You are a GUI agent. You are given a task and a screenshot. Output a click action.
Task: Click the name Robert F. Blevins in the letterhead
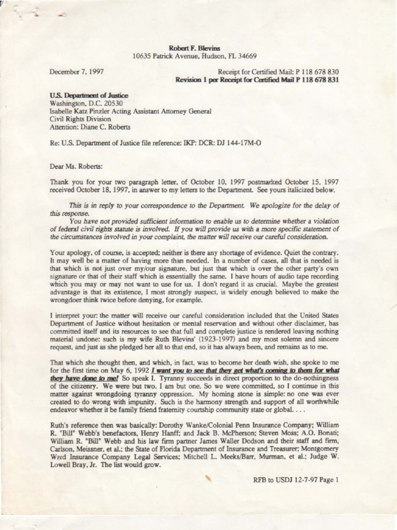198,48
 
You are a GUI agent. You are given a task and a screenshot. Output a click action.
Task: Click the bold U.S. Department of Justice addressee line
89,96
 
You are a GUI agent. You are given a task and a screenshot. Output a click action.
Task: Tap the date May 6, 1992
129,371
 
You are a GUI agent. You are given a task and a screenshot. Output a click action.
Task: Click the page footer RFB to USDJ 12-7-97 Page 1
296,480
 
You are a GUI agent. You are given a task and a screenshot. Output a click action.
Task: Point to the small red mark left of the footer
209,478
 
